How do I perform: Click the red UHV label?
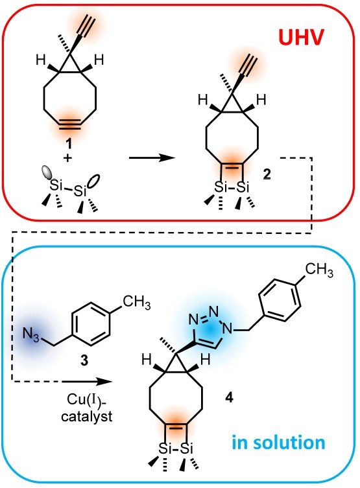301,38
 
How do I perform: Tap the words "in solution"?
279,442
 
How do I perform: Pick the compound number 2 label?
267,175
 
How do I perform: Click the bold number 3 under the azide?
84,360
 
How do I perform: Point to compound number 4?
229,397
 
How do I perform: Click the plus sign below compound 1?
67,158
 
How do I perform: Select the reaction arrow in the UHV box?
152,157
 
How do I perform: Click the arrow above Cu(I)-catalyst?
86,380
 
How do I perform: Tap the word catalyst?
86,416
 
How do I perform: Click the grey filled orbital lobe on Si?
48,172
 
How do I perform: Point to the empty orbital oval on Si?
94,181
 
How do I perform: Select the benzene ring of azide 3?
91,323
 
